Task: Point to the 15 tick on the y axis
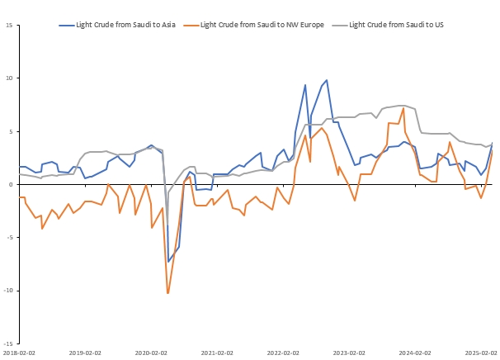click(7, 25)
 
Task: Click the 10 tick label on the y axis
click(7, 78)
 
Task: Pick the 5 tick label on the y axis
click(9, 131)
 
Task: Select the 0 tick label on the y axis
click(9, 184)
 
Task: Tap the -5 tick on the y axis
click(8, 237)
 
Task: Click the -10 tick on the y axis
click(7, 291)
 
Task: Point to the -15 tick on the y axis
click(7, 343)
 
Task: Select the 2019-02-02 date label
click(83, 353)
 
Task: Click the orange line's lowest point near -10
click(167, 293)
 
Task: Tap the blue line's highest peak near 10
click(327, 80)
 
